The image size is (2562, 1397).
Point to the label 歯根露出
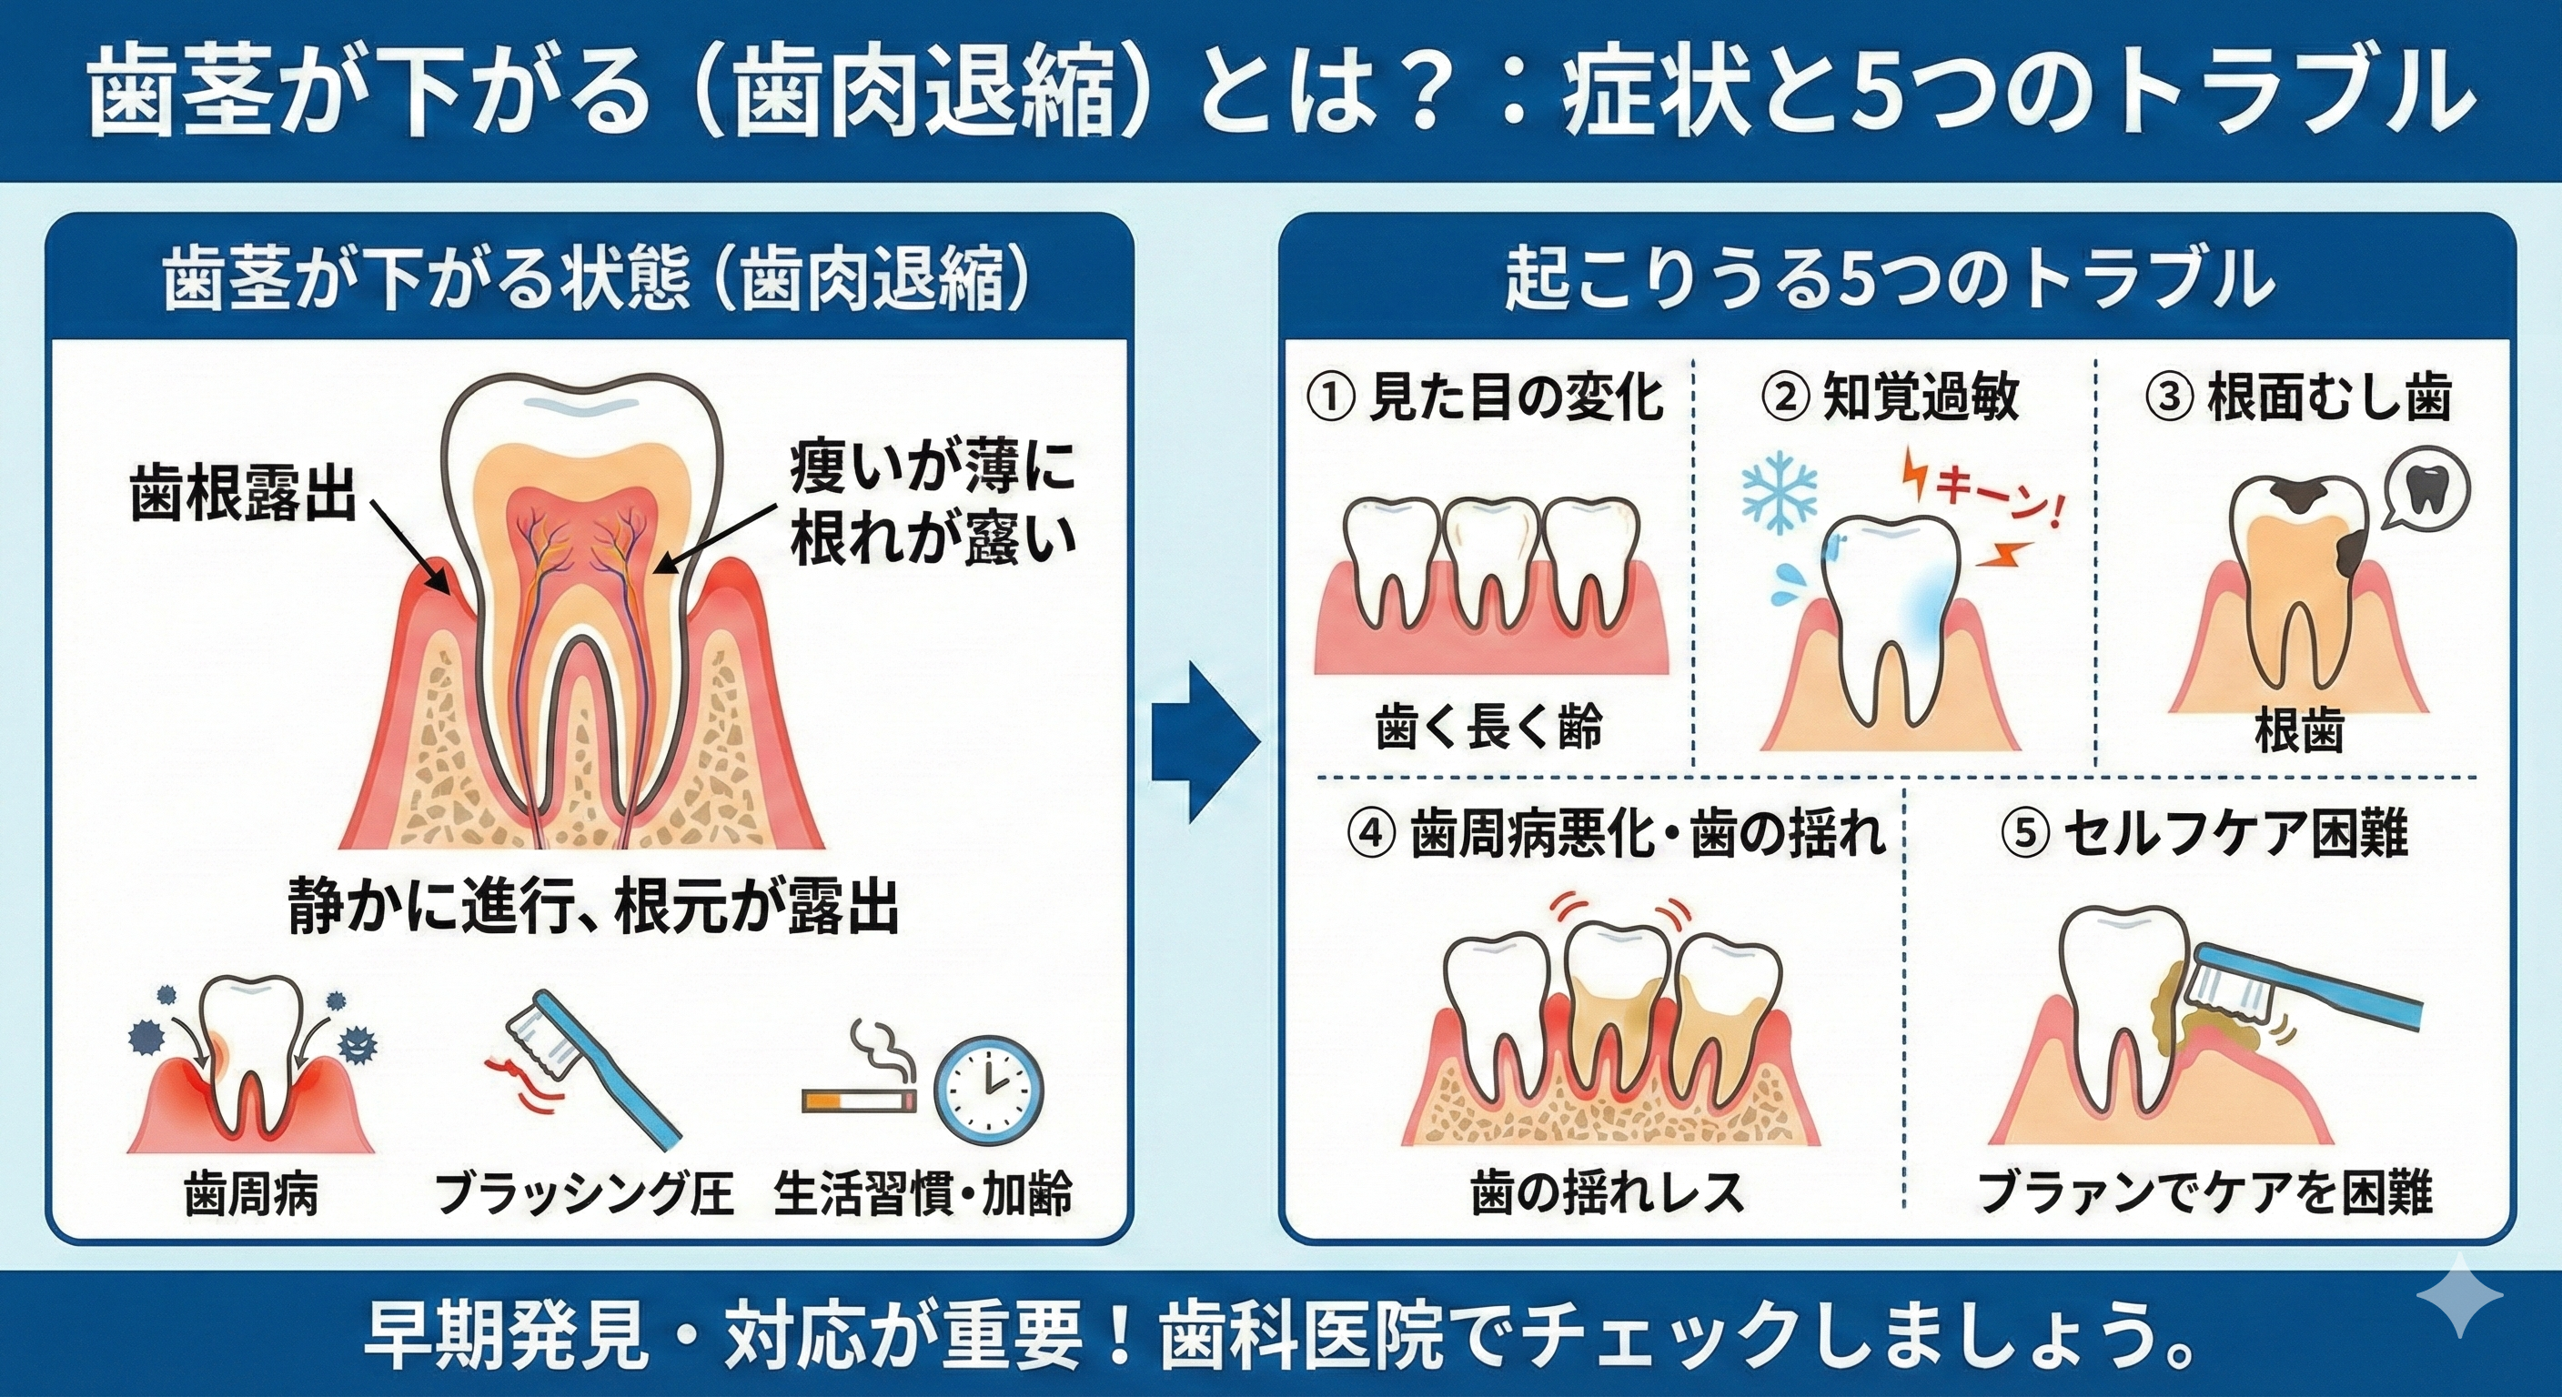pos(244,493)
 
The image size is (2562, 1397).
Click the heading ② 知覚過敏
pos(1889,397)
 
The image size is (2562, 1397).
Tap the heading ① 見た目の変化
pos(1484,397)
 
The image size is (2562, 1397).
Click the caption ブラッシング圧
pos(585,1194)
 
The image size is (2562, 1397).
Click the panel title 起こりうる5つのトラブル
pos(1889,281)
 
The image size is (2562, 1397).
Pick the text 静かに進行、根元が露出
pos(594,907)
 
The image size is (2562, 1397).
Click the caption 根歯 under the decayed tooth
pos(2297,732)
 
